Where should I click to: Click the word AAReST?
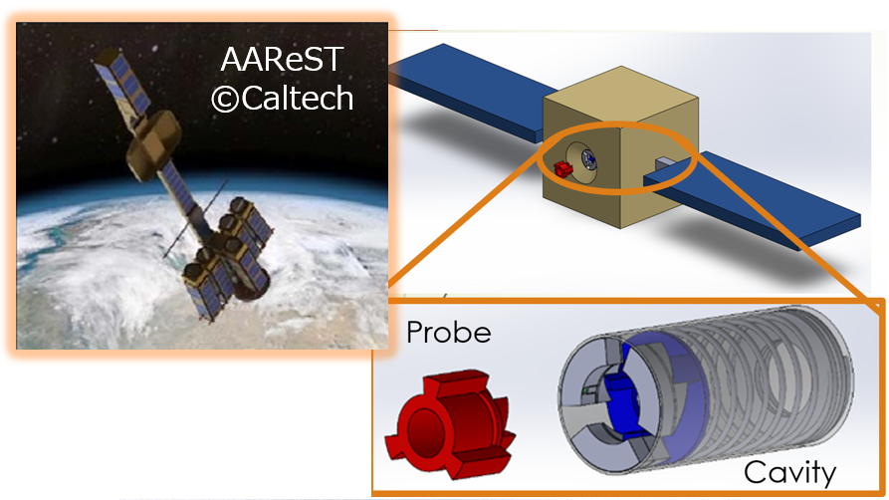tap(282, 59)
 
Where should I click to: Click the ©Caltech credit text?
tap(283, 99)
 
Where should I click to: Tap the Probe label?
tap(448, 333)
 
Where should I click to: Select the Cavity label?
tap(789, 472)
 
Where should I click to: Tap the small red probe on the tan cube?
tap(563, 168)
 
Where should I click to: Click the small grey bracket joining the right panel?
tap(665, 165)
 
